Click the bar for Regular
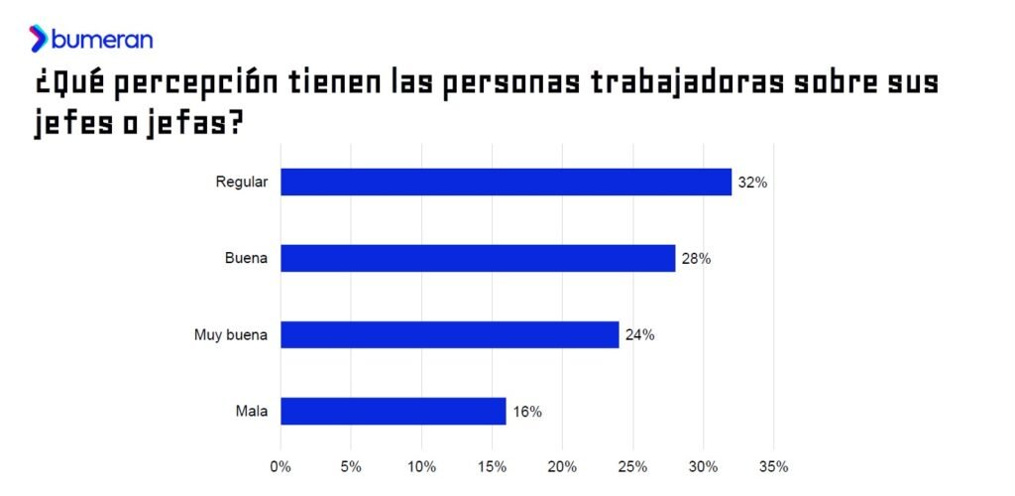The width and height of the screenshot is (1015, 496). pos(506,182)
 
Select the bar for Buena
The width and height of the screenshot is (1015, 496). pos(478,258)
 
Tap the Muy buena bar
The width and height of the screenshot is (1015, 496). pos(449,334)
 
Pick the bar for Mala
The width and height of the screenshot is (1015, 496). pos(394,411)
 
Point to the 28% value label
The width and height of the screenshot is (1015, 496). pos(696,259)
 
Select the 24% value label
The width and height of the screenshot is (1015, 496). pos(639,335)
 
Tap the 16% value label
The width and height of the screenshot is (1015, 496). pos(527,412)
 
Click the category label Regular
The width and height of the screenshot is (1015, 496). pos(242,183)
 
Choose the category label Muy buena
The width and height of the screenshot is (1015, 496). pos(231,335)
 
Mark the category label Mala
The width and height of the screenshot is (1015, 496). pos(252,412)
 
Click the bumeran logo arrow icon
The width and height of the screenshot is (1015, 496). pos(39,39)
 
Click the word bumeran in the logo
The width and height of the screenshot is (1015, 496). pos(102,40)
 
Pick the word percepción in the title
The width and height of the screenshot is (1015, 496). pos(193,84)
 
